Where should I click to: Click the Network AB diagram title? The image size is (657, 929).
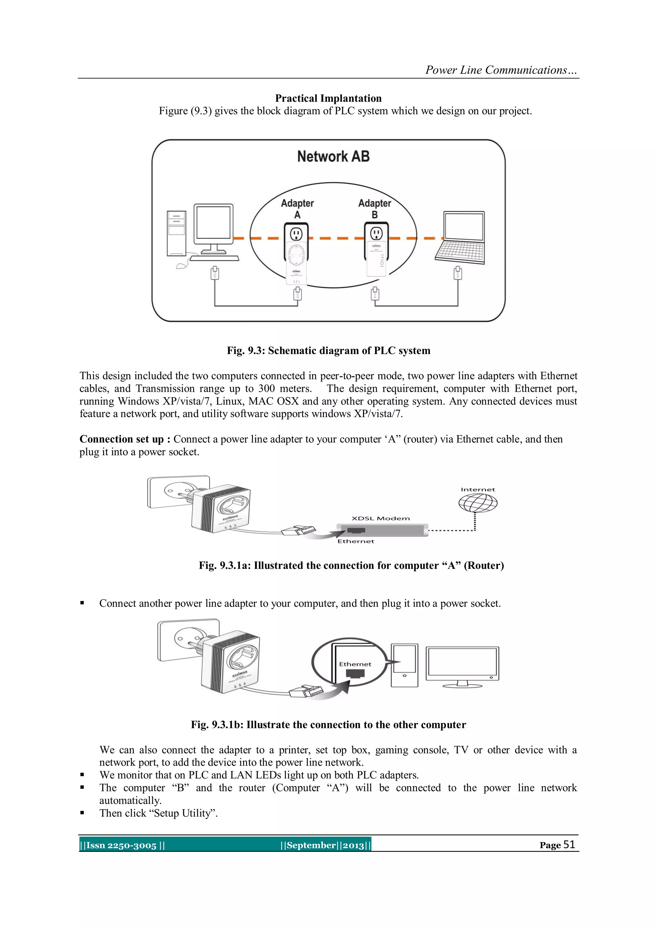coord(333,157)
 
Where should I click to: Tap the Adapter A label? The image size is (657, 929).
coord(297,208)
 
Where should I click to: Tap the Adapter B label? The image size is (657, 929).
coord(375,208)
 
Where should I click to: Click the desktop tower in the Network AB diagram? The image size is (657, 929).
coord(176,234)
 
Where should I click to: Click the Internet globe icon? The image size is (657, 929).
coord(478,503)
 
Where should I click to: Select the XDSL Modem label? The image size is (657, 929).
coord(380,518)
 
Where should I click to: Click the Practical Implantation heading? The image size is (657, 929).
coord(328,98)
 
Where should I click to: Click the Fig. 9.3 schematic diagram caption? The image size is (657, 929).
coord(328,350)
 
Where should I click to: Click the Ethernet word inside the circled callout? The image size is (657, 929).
coord(355,664)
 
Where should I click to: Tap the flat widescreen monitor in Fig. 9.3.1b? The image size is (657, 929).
coord(462,664)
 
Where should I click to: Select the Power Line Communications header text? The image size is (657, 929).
coord(501,70)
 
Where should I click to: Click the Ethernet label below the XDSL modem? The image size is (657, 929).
coord(355,541)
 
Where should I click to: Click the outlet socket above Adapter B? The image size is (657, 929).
coord(377,234)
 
